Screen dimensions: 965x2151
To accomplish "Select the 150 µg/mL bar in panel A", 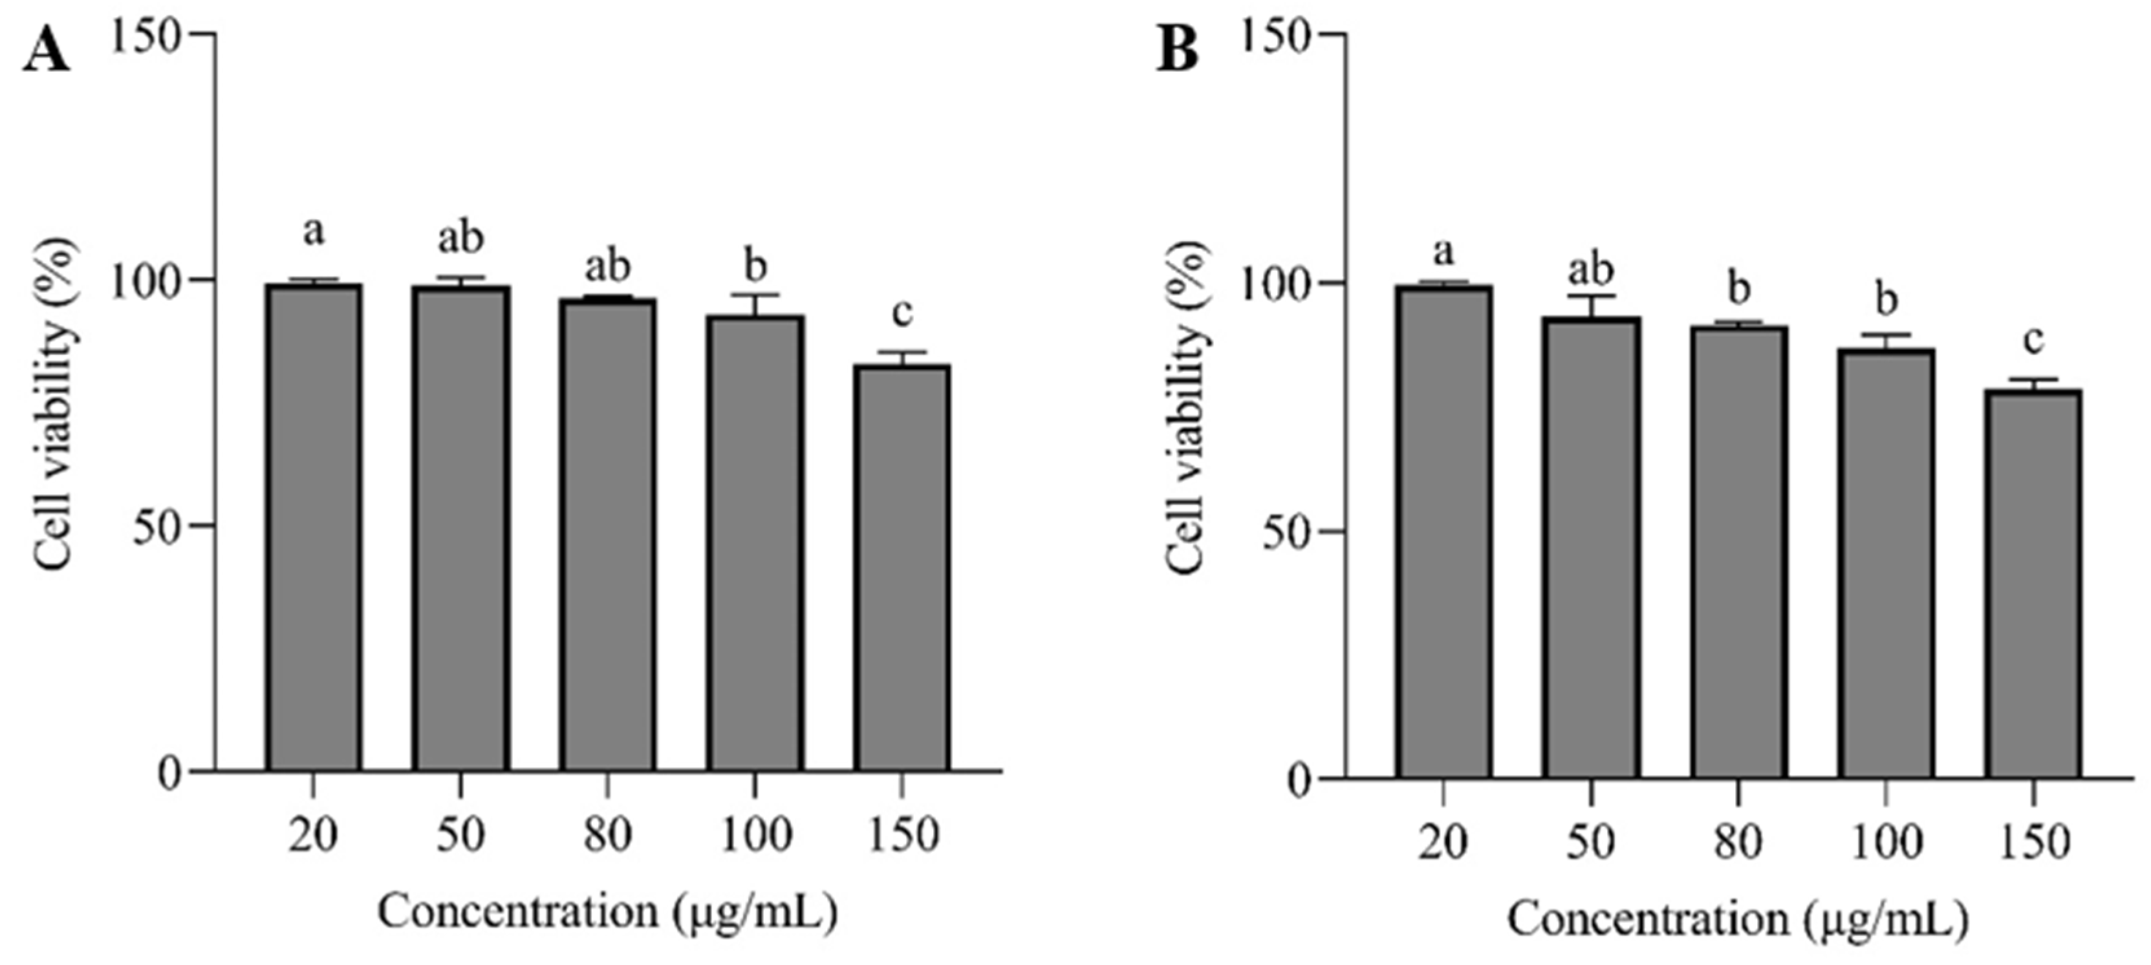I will click(x=902, y=567).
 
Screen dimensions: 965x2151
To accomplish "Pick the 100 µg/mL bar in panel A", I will click(x=755, y=542).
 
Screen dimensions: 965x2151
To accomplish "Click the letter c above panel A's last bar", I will click(x=902, y=314).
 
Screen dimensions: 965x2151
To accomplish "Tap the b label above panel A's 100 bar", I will click(x=755, y=267).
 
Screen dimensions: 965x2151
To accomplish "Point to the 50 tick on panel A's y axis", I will click(x=158, y=527).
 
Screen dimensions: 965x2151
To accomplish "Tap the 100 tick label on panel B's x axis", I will click(x=1885, y=842).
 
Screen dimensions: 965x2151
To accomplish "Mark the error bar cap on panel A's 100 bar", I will click(x=755, y=295).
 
